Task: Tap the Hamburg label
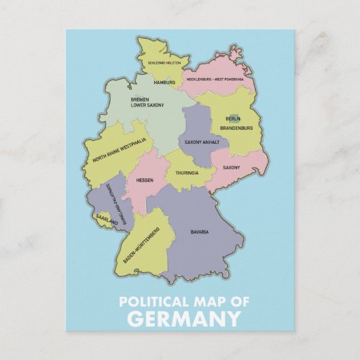tap(164, 82)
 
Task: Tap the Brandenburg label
tap(236, 128)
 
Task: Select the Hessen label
tap(144, 180)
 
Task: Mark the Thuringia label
tap(187, 173)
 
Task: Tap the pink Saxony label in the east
tap(232, 167)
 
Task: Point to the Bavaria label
tap(199, 232)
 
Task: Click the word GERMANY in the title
tap(183, 319)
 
